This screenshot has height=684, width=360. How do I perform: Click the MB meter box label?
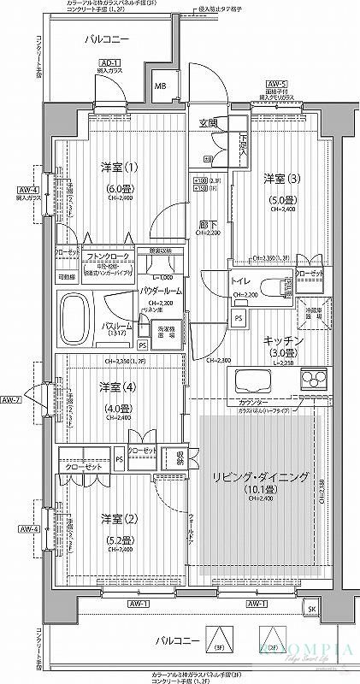pyautogui.click(x=160, y=85)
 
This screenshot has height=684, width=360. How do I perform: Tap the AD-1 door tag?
pyautogui.click(x=108, y=63)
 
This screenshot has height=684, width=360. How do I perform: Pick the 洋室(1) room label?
pyautogui.click(x=115, y=166)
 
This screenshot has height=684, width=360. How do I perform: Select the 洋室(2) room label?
pyautogui.click(x=119, y=519)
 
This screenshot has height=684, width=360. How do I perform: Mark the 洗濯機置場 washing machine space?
pyautogui.click(x=164, y=332)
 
